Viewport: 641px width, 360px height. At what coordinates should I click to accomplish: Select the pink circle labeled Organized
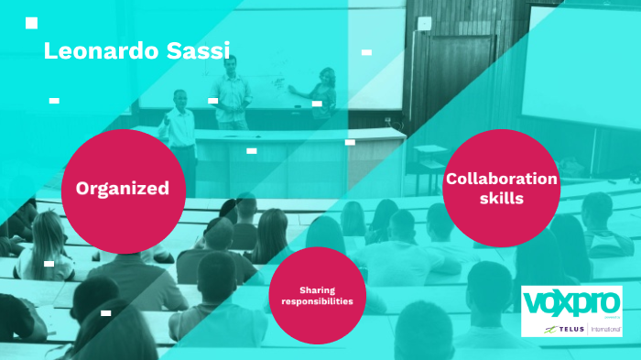click(123, 188)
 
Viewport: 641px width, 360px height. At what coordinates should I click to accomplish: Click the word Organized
click(123, 189)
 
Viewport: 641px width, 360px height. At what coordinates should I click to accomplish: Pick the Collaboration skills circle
click(501, 188)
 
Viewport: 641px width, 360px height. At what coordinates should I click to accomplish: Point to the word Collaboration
click(501, 179)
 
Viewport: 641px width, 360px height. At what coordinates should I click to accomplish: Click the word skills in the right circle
click(501, 197)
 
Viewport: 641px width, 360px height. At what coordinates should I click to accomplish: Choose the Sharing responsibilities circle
click(311, 295)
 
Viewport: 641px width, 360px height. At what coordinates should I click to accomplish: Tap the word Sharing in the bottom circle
click(311, 289)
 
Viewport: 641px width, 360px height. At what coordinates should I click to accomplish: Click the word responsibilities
click(311, 300)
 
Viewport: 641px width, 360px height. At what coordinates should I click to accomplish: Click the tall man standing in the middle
click(233, 92)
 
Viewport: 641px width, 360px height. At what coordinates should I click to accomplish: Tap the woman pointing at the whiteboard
click(322, 95)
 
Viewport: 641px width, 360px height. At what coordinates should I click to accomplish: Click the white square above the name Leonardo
click(32, 23)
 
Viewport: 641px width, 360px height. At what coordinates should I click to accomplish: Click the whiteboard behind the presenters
click(275, 73)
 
